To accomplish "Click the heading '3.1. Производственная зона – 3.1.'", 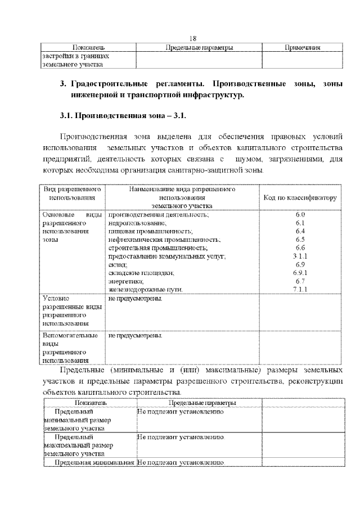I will pos(123,116).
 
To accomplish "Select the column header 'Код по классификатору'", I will pos(300,198).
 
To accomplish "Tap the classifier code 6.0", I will pos(300,215).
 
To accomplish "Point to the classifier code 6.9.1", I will pos(300,273).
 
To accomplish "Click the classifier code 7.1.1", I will pos(300,289).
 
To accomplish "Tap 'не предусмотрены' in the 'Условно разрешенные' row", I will pos(134,298).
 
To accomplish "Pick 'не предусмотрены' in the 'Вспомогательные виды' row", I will pos(134,336).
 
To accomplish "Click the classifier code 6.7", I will pos(300,281).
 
